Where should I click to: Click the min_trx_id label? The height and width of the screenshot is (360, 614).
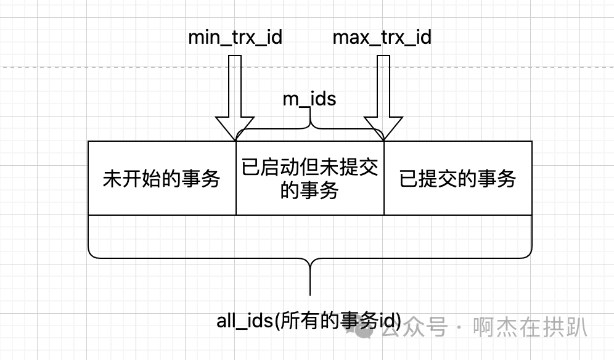(235, 38)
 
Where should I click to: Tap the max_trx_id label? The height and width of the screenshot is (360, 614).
(382, 38)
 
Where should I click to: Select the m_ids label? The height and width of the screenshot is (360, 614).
(309, 99)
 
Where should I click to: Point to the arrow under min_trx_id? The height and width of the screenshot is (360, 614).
(235, 92)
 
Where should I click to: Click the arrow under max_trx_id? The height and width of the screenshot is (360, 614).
(383, 92)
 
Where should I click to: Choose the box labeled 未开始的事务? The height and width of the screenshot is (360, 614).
(162, 179)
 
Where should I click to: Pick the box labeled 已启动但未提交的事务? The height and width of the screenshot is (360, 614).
(309, 179)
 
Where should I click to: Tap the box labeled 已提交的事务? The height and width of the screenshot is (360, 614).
(457, 179)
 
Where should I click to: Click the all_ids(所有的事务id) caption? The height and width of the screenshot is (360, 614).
(309, 321)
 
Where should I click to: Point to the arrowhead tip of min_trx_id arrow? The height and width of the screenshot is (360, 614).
(235, 139)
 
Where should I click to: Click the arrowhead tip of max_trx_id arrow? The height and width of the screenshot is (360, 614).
(383, 139)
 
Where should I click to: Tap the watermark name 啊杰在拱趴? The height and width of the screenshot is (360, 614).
(530, 327)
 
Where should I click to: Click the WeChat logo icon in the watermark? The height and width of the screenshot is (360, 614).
(363, 327)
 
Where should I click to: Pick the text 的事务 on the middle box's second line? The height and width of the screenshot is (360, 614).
(309, 190)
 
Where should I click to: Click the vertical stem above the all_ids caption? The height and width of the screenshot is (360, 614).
(309, 280)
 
